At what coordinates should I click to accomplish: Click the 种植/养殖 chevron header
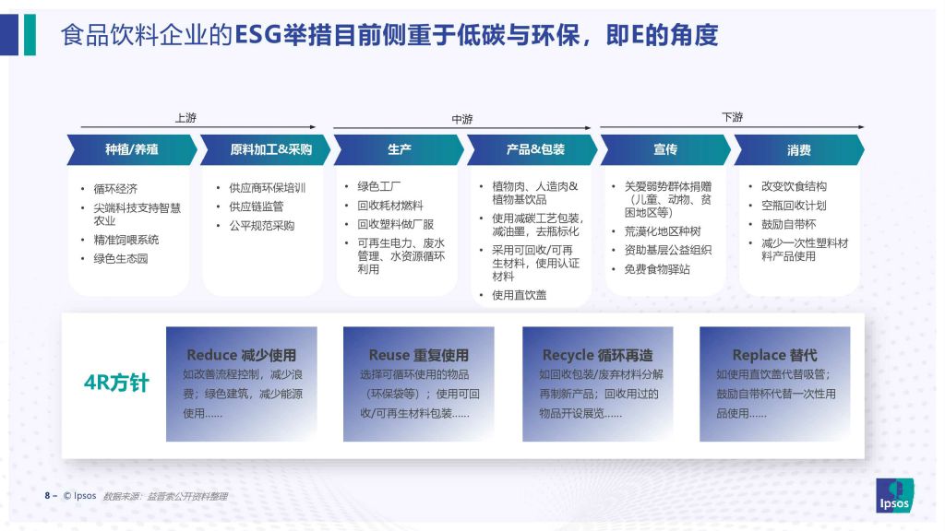coord(132,150)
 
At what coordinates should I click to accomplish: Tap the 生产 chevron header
coord(399,150)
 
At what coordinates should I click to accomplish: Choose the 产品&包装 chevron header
coord(532,150)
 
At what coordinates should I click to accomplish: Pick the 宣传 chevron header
coord(666,150)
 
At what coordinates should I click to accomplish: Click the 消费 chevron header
coord(799,150)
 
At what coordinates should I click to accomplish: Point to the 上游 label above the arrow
coord(185,117)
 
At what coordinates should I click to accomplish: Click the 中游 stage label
coord(462,119)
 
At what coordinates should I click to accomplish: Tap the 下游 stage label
coord(732,117)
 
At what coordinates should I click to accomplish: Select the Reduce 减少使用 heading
coord(241,355)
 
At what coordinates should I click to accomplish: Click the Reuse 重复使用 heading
coord(418,355)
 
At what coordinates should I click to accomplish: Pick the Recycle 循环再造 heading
coord(597,355)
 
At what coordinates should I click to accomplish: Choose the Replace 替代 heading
coord(774,355)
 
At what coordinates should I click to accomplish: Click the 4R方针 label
coord(116,383)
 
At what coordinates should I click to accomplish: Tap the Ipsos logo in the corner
coord(894,495)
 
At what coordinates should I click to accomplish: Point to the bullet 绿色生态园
coord(121,259)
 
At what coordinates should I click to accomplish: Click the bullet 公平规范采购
coord(261,226)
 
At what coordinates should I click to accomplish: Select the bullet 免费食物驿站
coord(657,269)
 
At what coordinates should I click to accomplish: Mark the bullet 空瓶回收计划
coord(794,206)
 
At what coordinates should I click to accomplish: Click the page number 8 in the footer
coord(47,495)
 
